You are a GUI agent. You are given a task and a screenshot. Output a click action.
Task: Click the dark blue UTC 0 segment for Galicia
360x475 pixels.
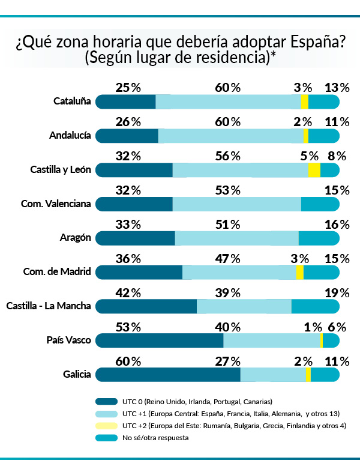[x=168, y=375]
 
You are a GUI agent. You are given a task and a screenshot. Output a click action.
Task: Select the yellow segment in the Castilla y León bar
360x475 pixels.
[x=314, y=170]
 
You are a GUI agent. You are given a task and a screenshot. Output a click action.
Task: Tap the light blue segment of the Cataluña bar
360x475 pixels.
[x=228, y=101]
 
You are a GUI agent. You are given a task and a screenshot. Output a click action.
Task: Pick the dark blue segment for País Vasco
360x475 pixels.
[x=160, y=340]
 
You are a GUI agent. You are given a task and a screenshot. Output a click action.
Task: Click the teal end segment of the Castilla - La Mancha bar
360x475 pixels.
[x=315, y=306]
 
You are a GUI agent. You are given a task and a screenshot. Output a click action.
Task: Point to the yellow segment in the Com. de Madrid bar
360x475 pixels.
[x=299, y=272]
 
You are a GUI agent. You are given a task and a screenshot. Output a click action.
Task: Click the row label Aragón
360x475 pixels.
[x=75, y=237]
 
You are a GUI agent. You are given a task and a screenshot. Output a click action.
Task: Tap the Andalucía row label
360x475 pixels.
[x=70, y=135]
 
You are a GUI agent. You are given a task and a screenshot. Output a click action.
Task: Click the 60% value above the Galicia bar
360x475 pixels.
[x=128, y=362]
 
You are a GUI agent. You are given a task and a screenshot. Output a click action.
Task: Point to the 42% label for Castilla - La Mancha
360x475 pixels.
[x=128, y=293]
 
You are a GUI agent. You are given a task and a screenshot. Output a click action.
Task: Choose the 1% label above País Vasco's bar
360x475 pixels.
[x=313, y=327]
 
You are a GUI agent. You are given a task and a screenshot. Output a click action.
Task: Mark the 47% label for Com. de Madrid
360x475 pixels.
[x=227, y=259]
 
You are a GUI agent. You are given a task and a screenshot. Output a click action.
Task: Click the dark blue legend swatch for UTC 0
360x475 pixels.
[x=106, y=401]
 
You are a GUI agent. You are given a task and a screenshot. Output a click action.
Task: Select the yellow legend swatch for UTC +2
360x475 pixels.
[x=106, y=426]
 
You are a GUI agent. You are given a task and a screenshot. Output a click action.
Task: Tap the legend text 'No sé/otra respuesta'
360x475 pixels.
[x=155, y=438]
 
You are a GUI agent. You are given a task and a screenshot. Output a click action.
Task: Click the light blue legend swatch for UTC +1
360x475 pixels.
[x=106, y=414]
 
